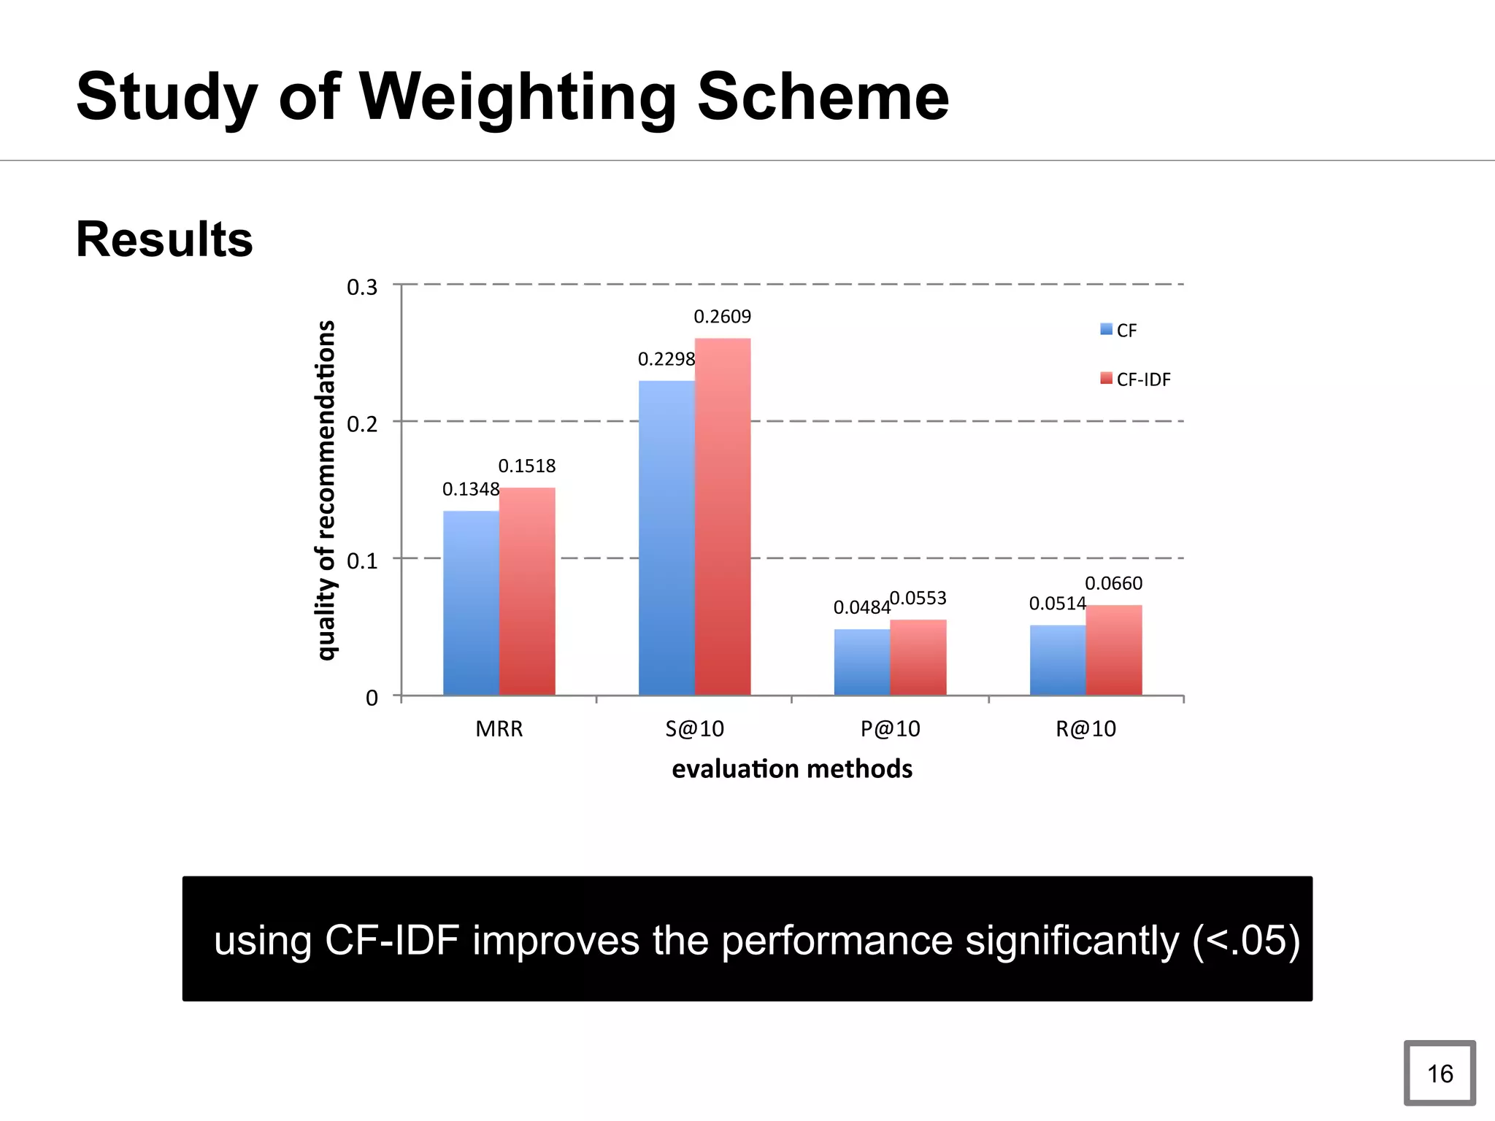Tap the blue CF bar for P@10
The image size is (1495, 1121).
pos(862,662)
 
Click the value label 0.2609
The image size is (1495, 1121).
pos(722,317)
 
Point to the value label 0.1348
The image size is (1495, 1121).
pos(471,489)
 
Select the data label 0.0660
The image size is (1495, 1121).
pos(1113,583)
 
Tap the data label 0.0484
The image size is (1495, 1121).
pos(861,607)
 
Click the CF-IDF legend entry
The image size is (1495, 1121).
pos(1142,380)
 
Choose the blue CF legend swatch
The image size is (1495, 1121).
pos(1107,330)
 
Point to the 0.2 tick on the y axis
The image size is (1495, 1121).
pos(362,424)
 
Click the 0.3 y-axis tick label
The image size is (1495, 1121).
pos(362,288)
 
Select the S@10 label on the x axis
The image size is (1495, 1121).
pos(694,728)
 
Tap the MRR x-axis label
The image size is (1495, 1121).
pos(499,728)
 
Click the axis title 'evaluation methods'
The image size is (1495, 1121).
pos(792,769)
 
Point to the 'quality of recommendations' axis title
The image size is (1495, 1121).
pos(326,490)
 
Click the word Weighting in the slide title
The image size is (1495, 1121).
pos(518,97)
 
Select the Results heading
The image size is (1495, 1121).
pos(164,239)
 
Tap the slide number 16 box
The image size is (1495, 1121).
pos(1440,1073)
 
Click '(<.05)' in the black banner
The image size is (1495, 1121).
pos(1245,940)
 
